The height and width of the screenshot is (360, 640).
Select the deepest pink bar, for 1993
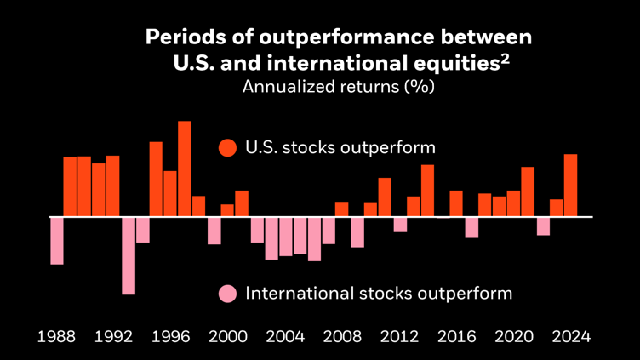coord(129,255)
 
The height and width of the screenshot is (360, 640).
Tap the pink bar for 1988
coord(57,240)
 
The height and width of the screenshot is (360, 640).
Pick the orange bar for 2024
coord(570,186)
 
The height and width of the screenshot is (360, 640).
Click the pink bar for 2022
coord(542,226)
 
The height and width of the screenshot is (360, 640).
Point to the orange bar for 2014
coord(427,191)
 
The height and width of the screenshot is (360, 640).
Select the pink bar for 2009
coord(357,231)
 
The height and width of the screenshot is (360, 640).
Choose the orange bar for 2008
coord(341,209)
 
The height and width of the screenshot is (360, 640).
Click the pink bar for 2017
coord(471,227)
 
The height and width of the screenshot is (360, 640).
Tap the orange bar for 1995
coord(156,179)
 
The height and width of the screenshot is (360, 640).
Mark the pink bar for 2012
coord(399,224)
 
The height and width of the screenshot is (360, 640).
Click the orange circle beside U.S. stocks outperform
coord(227,147)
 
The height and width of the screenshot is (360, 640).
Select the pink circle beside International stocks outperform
coord(227,294)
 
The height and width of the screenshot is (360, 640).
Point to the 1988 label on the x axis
coord(57,336)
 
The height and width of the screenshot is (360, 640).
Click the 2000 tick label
coord(227,336)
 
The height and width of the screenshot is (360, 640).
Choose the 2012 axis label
coord(399,336)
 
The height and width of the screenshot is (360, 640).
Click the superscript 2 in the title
coord(505,58)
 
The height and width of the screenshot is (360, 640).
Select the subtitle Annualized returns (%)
coord(339,87)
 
